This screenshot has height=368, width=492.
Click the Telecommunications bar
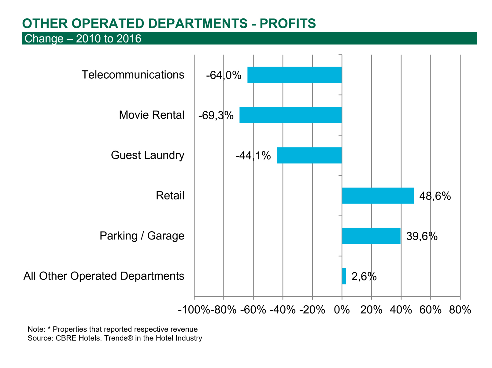point(294,75)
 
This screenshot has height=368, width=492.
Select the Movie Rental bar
point(290,115)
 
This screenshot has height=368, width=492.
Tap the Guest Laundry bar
point(309,155)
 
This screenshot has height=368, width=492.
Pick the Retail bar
point(378,195)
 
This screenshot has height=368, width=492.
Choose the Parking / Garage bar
point(371,236)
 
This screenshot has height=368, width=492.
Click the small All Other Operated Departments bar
point(344,276)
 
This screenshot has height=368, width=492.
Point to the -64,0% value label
point(224,75)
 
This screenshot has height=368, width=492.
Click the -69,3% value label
point(216,116)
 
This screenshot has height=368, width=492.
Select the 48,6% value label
point(435,196)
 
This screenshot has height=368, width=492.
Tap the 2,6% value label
point(364,277)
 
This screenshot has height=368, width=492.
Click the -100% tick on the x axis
point(194,310)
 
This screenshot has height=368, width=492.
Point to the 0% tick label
point(342,310)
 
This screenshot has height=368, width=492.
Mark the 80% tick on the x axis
point(460,310)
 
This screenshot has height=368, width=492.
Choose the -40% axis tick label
point(283,310)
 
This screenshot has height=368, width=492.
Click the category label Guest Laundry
point(147,155)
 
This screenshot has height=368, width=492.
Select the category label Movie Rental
point(151,115)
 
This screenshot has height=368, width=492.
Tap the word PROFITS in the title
point(288,24)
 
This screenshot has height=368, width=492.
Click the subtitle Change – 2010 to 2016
point(83,39)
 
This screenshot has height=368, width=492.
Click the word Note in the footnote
point(35,329)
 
